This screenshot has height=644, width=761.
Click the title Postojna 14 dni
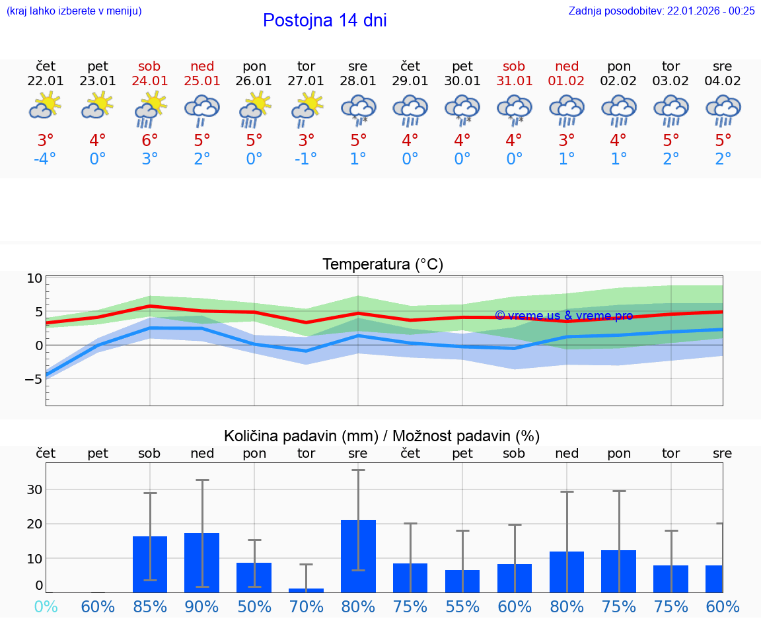tap(324, 20)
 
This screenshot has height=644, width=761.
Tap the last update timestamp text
tap(661, 11)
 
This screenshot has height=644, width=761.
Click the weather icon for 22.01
tap(46, 105)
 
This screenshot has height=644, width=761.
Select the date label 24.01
tap(150, 81)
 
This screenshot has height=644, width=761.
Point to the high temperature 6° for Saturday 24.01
tap(150, 141)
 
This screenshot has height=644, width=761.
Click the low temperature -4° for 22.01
tap(45, 159)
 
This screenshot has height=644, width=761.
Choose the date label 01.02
tap(567, 81)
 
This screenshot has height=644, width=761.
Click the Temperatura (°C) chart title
tap(382, 265)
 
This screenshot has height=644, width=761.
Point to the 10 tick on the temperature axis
tap(34, 279)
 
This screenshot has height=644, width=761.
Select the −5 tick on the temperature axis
tap(32, 379)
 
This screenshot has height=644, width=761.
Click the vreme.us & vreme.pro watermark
tap(563, 316)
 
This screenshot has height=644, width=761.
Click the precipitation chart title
tap(382, 436)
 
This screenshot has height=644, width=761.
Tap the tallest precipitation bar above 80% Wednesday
tap(358, 556)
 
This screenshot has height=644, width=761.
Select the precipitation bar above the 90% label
tap(201, 563)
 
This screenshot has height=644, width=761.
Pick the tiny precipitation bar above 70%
tap(306, 590)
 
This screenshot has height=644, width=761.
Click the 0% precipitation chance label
tap(46, 607)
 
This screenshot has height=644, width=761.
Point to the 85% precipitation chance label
tap(150, 607)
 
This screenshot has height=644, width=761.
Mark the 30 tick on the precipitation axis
tap(34, 489)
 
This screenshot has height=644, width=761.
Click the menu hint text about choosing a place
tap(74, 11)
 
